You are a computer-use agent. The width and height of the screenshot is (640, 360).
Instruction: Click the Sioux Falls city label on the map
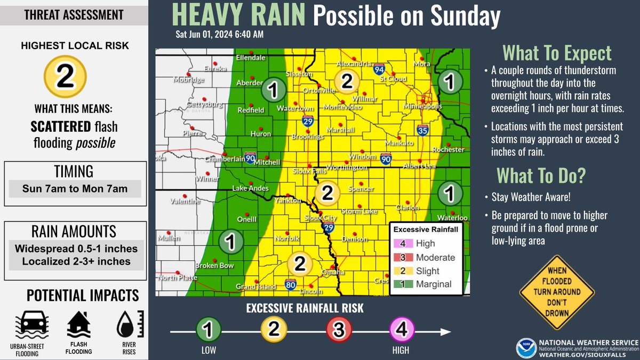click(309, 171)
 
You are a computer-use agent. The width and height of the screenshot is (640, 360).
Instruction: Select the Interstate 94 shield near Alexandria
click(379, 69)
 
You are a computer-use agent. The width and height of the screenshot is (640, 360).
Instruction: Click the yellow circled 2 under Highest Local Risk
click(65, 77)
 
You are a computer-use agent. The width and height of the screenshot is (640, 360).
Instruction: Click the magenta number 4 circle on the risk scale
click(402, 331)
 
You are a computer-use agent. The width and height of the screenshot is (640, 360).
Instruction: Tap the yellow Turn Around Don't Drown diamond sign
click(557, 292)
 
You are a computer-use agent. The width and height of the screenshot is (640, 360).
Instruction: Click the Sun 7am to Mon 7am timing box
click(75, 189)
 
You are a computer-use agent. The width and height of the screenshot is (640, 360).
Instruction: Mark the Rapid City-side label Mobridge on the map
click(188, 80)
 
